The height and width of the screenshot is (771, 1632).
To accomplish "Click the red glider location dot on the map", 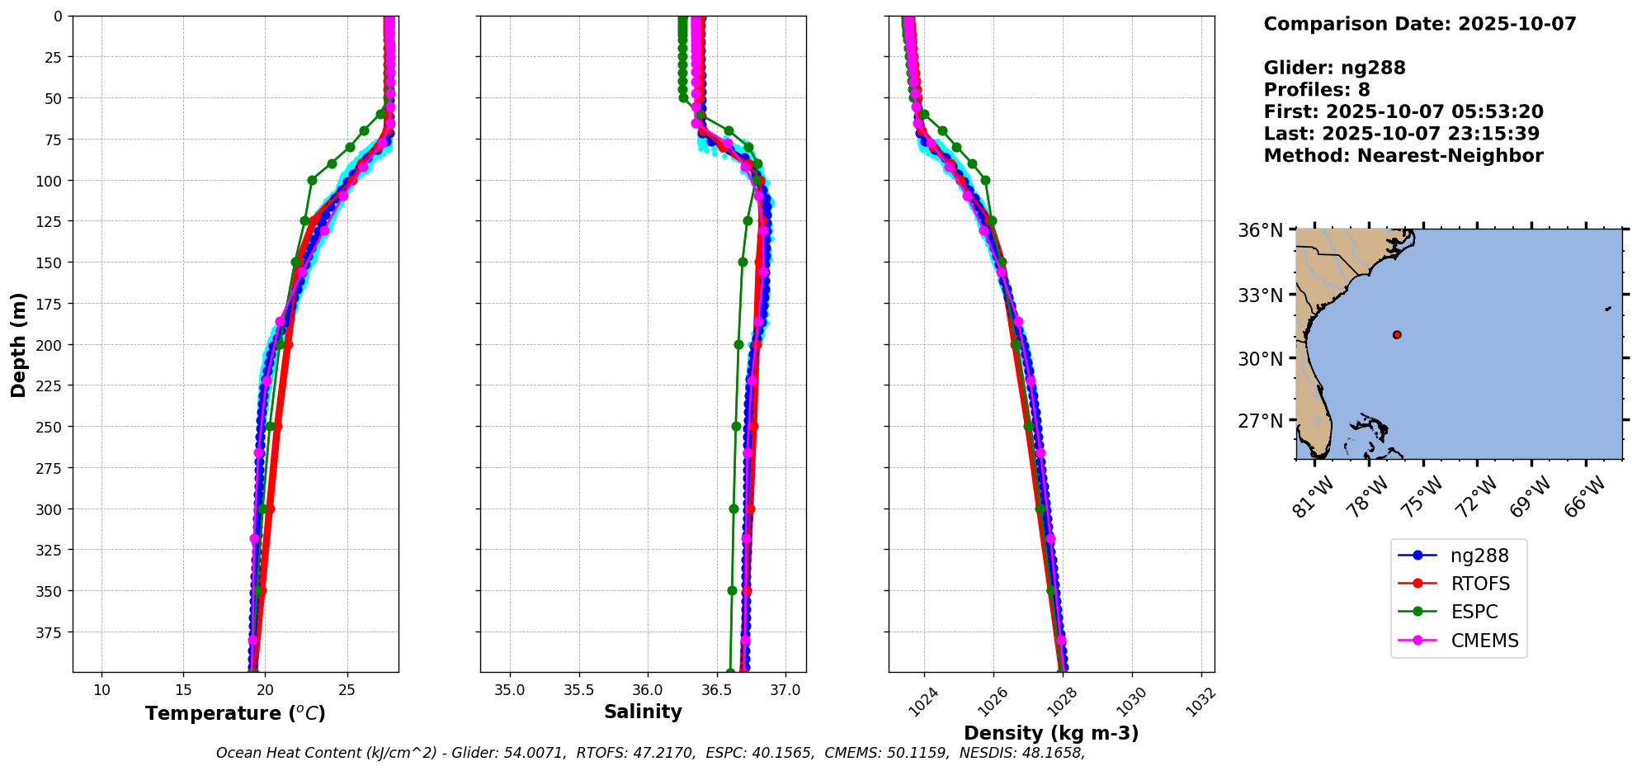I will pos(1397,334).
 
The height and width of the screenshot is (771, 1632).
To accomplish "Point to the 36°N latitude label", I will pos(1260,230).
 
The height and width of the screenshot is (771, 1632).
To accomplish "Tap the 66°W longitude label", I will pos(1585,497).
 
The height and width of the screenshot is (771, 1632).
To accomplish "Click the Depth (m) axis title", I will pos(18,344).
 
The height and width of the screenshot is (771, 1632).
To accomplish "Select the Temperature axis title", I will pos(235,713).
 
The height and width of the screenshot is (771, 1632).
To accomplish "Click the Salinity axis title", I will pos(643,712).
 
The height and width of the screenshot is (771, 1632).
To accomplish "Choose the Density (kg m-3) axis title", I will pos(1051,733).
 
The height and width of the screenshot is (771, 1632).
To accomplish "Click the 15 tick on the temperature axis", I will pos(183,690).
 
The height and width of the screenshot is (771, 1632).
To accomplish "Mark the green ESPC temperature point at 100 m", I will pos(312,180).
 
